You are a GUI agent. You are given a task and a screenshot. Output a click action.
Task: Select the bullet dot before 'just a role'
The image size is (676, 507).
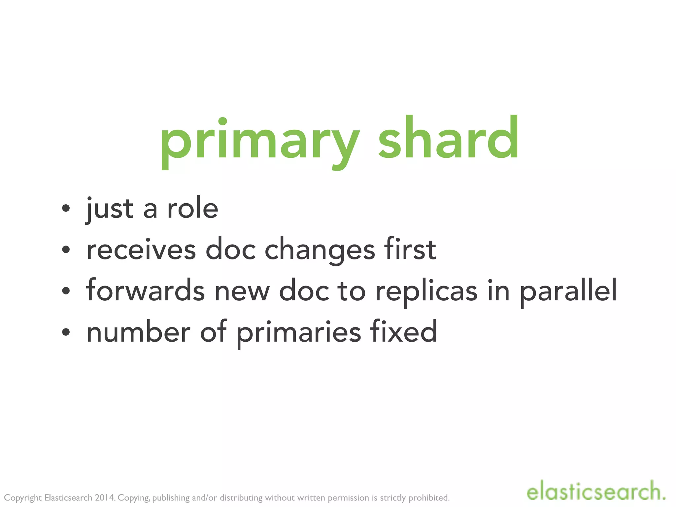click(66, 208)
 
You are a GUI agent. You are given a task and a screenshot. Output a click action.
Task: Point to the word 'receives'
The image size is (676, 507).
click(141, 250)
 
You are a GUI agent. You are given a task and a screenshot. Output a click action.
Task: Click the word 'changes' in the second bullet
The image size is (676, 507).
click(320, 250)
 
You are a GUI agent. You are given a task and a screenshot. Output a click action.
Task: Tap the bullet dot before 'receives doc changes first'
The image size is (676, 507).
click(66, 250)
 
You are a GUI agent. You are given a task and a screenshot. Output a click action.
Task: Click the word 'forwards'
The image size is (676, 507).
click(145, 291)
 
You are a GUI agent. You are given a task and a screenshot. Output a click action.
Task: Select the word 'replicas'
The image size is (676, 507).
click(426, 291)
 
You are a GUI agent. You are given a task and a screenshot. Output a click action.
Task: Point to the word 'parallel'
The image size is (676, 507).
click(568, 291)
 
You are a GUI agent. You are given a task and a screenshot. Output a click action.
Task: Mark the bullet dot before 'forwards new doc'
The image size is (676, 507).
click(66, 291)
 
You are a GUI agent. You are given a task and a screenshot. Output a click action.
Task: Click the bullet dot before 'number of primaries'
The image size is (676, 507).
click(66, 332)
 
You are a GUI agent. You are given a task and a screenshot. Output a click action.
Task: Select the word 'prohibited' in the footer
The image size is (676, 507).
click(429, 497)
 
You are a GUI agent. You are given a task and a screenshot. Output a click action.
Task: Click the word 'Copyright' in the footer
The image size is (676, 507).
click(23, 498)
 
